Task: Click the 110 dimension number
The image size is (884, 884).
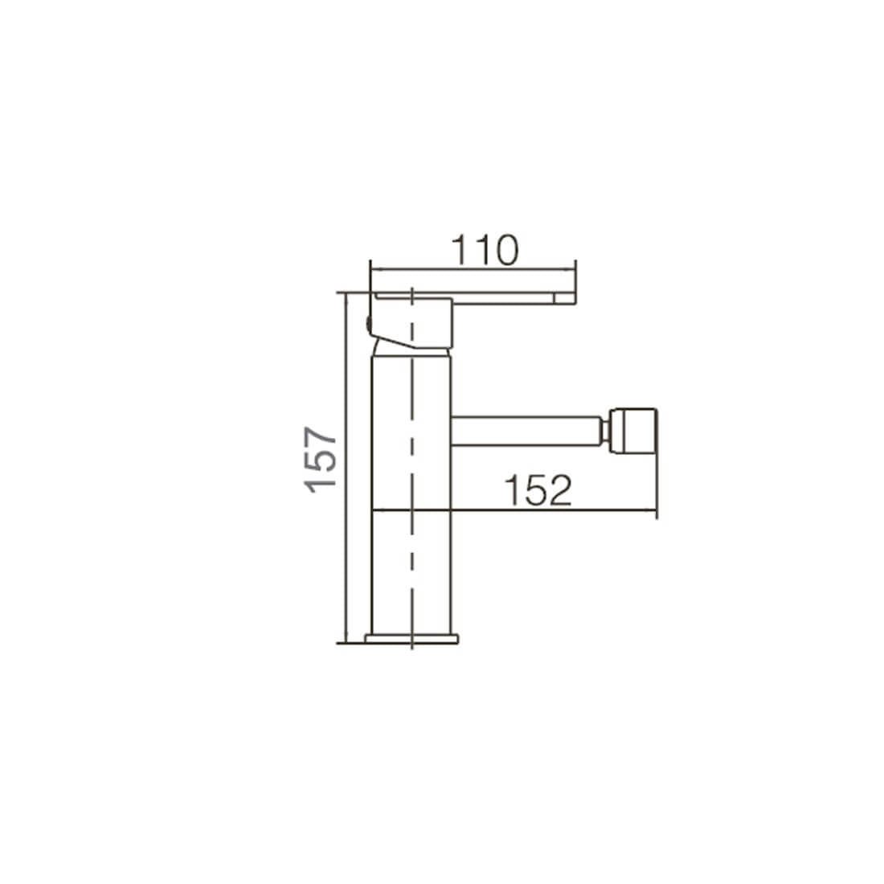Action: tap(485, 250)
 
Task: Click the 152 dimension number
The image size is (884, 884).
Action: tap(538, 490)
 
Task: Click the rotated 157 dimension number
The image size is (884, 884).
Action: tap(320, 460)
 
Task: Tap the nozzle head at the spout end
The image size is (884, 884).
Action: tap(632, 431)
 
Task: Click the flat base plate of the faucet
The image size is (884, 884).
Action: tap(411, 639)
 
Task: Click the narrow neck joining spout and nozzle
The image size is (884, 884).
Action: tap(604, 431)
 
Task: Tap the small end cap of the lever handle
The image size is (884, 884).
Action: tap(564, 297)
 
